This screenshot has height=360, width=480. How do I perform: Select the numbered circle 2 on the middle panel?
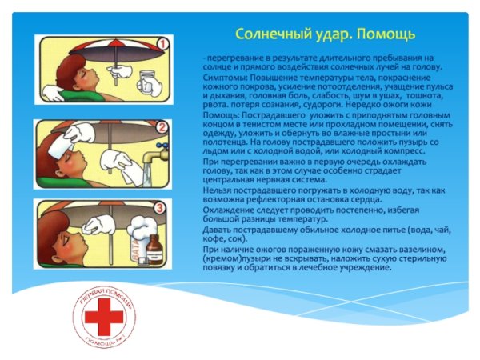(162, 126)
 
